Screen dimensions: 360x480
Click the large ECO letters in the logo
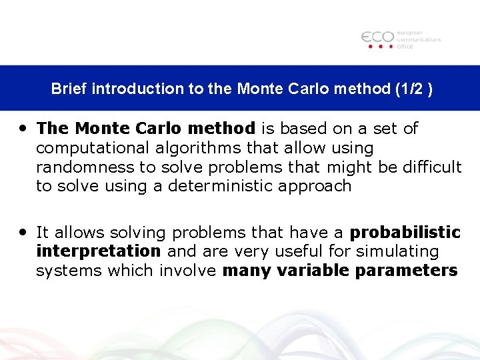(x=377, y=37)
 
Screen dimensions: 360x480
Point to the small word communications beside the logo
(x=419, y=39)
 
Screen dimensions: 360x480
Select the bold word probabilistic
(x=405, y=233)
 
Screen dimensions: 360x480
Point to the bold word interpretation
(x=99, y=251)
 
